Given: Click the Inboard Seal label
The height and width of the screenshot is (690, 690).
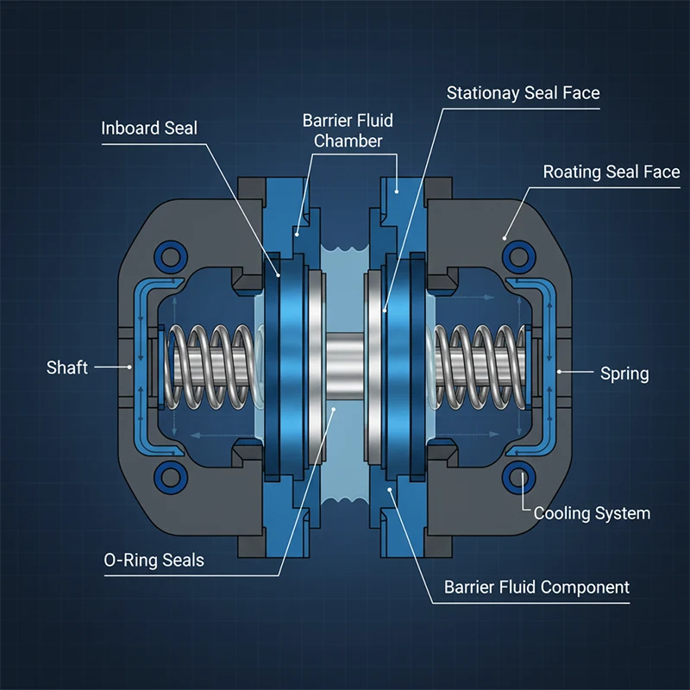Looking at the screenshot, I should coord(149,129).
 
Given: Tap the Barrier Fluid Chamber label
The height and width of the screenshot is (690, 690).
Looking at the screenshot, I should coord(348,130).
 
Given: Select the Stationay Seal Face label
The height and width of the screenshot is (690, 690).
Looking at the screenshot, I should coord(523,92).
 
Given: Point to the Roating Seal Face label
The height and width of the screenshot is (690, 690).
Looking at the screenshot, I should coord(611,172).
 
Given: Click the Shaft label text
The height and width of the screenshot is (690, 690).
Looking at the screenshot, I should coord(67,368).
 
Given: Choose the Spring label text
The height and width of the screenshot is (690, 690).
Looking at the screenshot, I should coord(624,373).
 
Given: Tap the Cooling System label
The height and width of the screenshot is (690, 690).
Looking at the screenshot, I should coord(592,513).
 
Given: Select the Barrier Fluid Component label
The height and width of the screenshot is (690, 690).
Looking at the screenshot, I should coord(536,587).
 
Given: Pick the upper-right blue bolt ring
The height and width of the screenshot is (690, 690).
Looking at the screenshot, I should coord(518,254).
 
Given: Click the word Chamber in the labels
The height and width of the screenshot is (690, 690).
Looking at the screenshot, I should coord(348,141).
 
